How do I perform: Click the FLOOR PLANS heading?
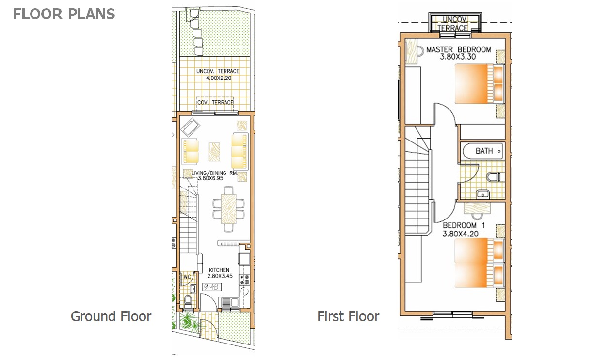(64, 14)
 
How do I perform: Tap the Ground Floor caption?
(111, 316)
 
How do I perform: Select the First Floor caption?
(348, 316)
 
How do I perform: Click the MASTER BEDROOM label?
(459, 49)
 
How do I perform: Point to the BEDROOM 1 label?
(464, 225)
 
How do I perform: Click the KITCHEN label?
(219, 270)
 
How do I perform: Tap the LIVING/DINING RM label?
(214, 173)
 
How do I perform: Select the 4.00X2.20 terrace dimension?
(218, 78)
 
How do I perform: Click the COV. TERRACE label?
(215, 102)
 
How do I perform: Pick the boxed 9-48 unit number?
(212, 287)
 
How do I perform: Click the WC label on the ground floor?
(187, 277)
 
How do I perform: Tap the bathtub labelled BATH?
(482, 151)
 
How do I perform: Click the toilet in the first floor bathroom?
(495, 177)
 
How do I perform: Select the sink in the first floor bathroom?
(483, 195)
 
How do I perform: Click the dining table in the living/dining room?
(228, 209)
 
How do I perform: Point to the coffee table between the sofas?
(214, 152)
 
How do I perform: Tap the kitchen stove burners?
(244, 280)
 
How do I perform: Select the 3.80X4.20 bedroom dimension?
(460, 234)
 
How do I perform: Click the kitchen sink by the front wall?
(229, 303)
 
